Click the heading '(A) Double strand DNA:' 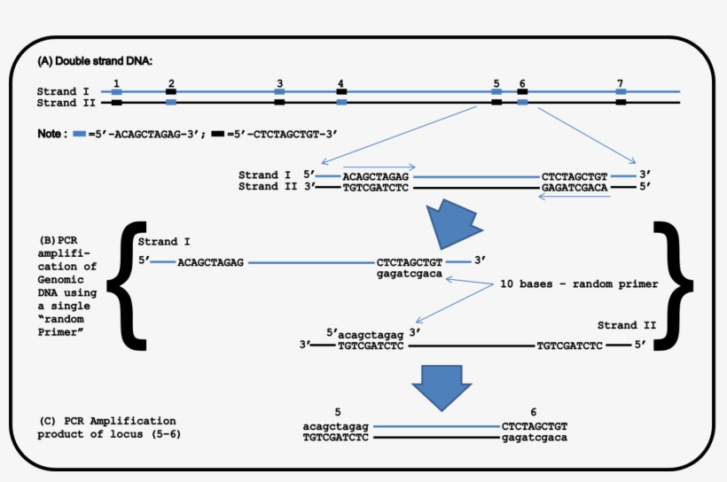95,61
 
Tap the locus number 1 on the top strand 116,82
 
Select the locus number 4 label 340,82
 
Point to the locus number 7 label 620,82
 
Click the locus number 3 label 279,82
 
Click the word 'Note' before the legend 51,134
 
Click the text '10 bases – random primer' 578,284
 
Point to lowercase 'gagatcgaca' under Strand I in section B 409,276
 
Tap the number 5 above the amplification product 337,412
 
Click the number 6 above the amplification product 533,412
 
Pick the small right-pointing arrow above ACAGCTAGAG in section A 379,166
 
